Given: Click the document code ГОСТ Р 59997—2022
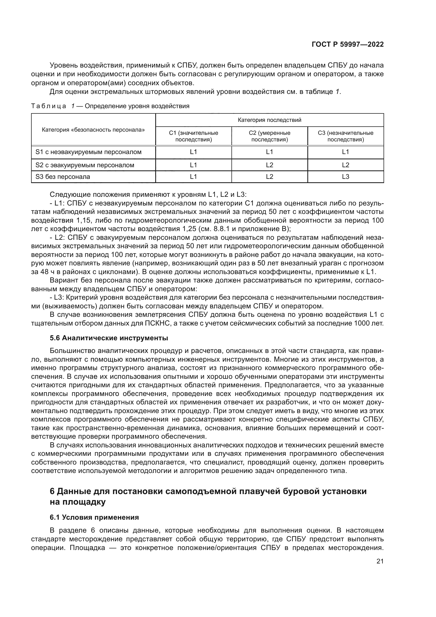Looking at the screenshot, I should coord(347,45).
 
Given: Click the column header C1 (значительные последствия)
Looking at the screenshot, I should coord(193,136).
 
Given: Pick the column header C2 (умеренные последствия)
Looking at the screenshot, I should coord(269,136).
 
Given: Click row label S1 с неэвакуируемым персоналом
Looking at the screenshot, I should coord(88,152).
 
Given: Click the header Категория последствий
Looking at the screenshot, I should coord(269,120).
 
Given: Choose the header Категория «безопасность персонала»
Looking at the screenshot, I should coord(93,130).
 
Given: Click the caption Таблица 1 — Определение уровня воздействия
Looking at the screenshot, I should coord(110,106).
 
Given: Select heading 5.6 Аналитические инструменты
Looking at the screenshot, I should coord(109,338).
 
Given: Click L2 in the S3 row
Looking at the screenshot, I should coord(269,176).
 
